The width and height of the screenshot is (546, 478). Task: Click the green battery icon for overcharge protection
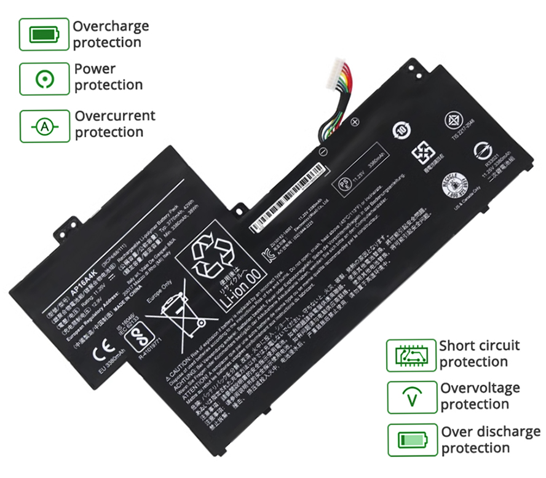[x=43, y=34]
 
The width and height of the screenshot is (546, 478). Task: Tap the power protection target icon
[x=43, y=79]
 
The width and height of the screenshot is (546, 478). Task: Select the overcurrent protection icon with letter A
[x=44, y=127]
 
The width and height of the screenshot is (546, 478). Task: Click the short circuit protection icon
[x=410, y=355]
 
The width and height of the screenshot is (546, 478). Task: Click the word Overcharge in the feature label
[x=111, y=26]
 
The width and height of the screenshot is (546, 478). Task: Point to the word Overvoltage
[x=480, y=388]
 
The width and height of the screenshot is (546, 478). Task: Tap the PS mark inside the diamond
[x=344, y=184]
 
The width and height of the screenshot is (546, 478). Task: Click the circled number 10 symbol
[x=401, y=130]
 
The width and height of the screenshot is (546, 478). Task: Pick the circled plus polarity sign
[x=354, y=121]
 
